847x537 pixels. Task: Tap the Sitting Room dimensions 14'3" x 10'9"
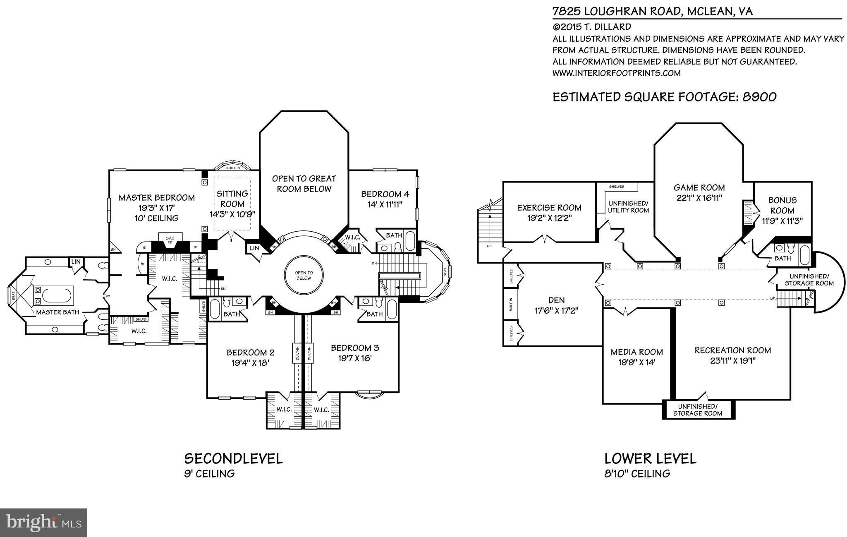coord(232,214)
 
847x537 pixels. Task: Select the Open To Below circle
coord(304,276)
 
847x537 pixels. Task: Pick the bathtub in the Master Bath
coord(57,296)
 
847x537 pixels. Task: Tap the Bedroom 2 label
coord(250,352)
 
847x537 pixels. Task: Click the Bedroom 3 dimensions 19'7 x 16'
coord(354,358)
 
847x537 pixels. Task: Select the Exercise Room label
coord(549,208)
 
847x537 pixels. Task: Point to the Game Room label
coord(699,188)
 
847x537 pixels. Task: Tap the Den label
coord(555,300)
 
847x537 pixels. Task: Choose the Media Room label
coord(636,352)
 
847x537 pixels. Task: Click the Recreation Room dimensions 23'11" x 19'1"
coord(732,361)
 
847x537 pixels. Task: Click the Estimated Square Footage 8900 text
coord(664,97)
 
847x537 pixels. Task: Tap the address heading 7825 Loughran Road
coord(652,11)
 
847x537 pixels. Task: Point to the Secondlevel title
coord(233,458)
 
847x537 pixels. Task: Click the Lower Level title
coord(650,458)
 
